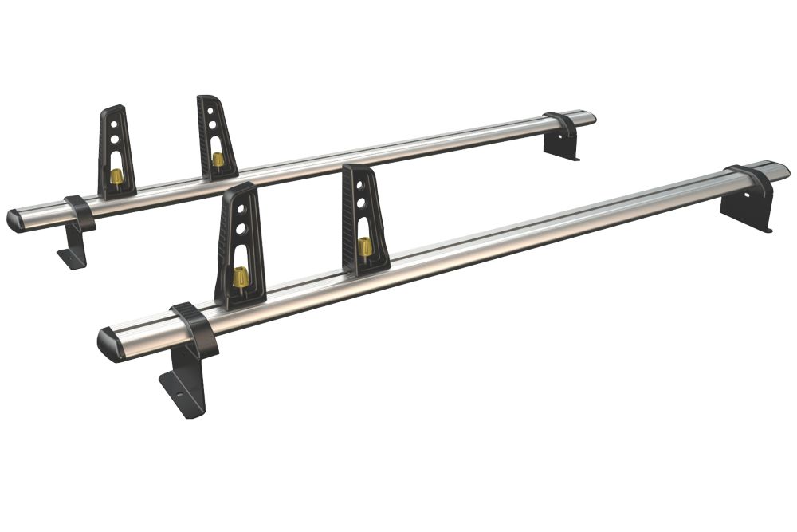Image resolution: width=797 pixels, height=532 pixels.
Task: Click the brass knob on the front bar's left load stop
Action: point(240,277)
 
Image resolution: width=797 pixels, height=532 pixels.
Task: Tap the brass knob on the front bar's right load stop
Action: point(365,246)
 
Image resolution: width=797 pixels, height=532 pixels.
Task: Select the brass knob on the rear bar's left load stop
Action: point(116,175)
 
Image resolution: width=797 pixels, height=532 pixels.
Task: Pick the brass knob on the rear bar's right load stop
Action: point(218,159)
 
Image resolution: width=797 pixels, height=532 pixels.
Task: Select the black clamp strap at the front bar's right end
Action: point(751,180)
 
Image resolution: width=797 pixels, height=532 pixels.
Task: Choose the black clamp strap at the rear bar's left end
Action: point(80,212)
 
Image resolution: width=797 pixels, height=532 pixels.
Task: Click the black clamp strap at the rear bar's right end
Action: point(562,124)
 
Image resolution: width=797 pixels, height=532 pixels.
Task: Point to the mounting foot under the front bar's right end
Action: point(746,212)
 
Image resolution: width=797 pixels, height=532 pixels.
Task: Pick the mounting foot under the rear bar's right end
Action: point(561,146)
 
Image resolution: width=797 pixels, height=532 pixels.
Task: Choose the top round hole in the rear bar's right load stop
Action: point(213,111)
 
